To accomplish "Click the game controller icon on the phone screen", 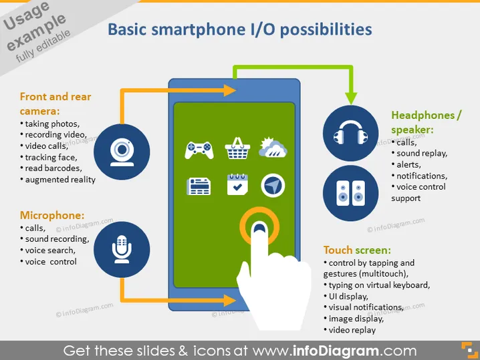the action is (x=199, y=150).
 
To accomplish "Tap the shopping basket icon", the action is (x=237, y=148).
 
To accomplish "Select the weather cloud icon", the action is (x=273, y=148).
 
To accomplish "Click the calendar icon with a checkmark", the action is (x=237, y=184).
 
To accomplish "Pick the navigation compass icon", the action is (x=273, y=186).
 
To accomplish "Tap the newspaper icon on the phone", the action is (x=199, y=186).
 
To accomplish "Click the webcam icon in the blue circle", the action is (x=122, y=152).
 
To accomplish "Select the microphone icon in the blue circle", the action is (x=122, y=249).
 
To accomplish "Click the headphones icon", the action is (x=351, y=132).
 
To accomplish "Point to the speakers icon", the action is (x=351, y=193).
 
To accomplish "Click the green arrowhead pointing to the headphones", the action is (x=351, y=98).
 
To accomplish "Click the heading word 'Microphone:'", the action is (x=52, y=215).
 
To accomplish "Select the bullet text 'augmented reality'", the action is (x=60, y=180).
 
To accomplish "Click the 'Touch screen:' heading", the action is (x=357, y=250).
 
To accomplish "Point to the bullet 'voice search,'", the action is (x=50, y=250).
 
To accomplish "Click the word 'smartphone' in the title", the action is (x=199, y=30).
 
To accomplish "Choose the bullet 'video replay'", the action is (x=352, y=330).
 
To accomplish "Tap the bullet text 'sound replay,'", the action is (x=422, y=153).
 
